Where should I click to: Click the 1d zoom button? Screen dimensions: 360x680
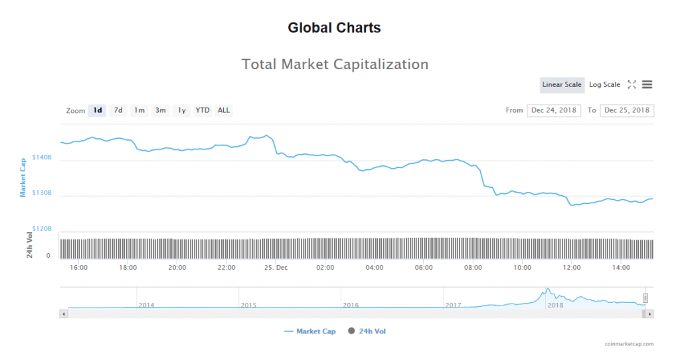pyautogui.click(x=98, y=110)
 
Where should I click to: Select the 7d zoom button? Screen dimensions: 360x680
pyautogui.click(x=118, y=110)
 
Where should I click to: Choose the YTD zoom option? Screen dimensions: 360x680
pyautogui.click(x=203, y=110)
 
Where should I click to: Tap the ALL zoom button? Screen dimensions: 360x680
pyautogui.click(x=224, y=110)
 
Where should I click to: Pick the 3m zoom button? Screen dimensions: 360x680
pyautogui.click(x=160, y=110)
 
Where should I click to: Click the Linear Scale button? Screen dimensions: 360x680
pyautogui.click(x=562, y=84)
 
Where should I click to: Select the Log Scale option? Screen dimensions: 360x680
pyautogui.click(x=604, y=84)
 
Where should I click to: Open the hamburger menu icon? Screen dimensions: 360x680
pyautogui.click(x=647, y=84)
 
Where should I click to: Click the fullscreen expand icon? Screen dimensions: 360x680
pyautogui.click(x=632, y=84)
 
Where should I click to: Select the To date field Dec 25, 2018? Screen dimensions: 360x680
pyautogui.click(x=627, y=110)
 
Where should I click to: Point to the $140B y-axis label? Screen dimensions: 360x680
pyautogui.click(x=41, y=158)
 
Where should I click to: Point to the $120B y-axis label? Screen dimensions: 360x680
pyautogui.click(x=41, y=228)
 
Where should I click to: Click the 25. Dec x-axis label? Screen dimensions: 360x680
pyautogui.click(x=276, y=268)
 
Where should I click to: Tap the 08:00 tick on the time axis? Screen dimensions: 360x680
pyautogui.click(x=473, y=268)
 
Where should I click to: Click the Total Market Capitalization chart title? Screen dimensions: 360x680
pyautogui.click(x=335, y=64)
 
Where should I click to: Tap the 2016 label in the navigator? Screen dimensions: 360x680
pyautogui.click(x=351, y=305)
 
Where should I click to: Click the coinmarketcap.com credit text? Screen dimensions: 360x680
pyautogui.click(x=629, y=344)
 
